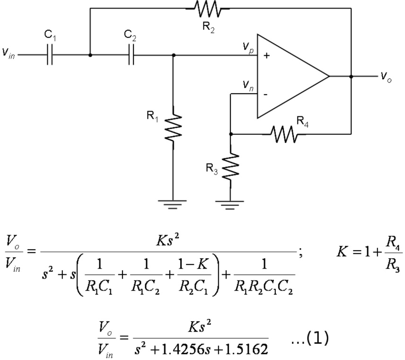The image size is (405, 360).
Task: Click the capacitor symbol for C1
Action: coord(50,55)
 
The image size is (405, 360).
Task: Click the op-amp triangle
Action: coord(289,76)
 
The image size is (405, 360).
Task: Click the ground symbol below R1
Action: coord(173,204)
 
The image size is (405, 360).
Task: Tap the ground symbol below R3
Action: coord(230,204)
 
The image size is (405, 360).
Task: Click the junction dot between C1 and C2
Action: coord(90,55)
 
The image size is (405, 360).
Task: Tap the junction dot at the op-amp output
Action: coord(351,76)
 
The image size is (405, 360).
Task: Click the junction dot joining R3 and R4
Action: coord(230,134)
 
